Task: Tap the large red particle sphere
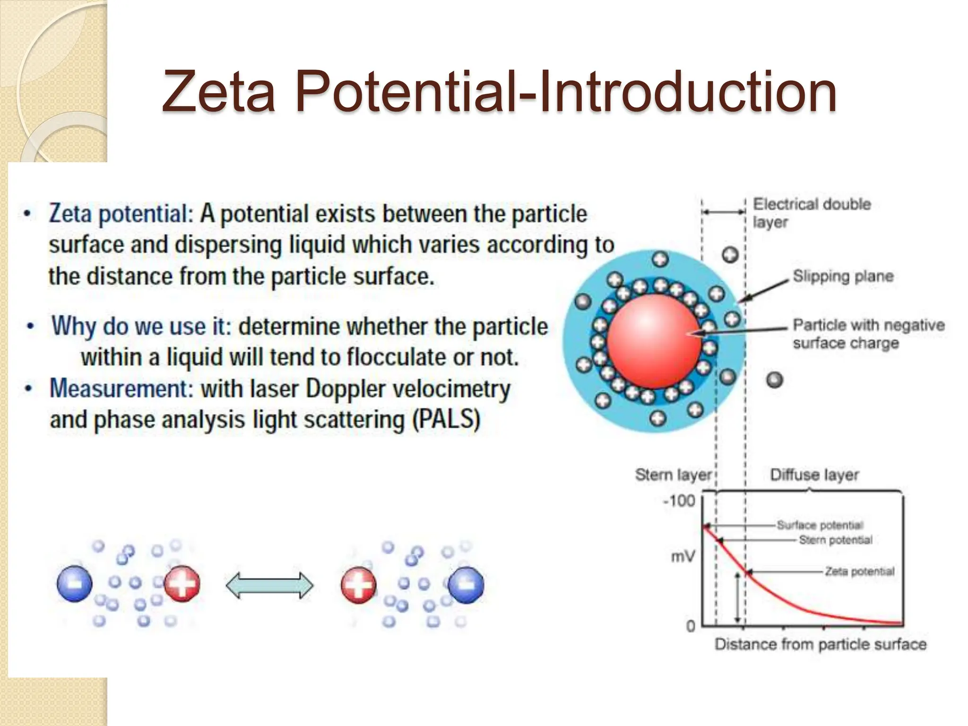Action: click(654, 341)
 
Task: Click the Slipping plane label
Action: click(843, 276)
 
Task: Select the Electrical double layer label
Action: click(812, 213)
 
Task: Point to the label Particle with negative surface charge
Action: click(868, 334)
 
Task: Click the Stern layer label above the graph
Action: click(673, 475)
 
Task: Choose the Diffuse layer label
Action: click(814, 475)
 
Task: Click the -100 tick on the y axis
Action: click(679, 501)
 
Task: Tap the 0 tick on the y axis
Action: click(691, 627)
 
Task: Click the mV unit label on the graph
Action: click(683, 557)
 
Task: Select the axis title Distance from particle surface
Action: click(820, 644)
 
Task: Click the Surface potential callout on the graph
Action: click(820, 525)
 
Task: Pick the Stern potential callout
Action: click(836, 540)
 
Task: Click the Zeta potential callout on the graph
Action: click(860, 571)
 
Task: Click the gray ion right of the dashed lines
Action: click(775, 380)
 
